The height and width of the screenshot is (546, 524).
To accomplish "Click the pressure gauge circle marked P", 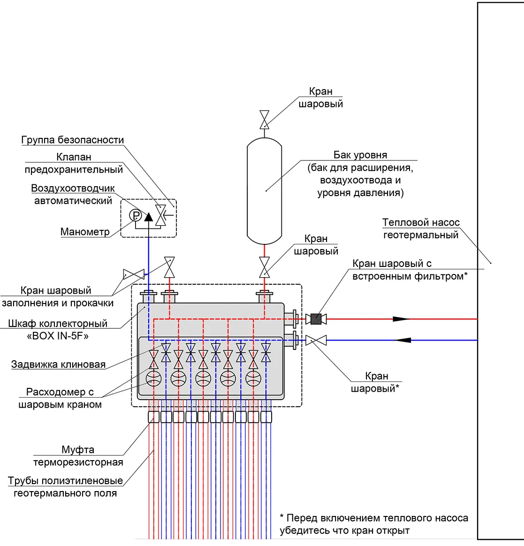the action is (136, 216).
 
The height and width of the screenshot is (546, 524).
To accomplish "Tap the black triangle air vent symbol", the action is (149, 217).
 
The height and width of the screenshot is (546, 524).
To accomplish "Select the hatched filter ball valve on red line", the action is (316, 319).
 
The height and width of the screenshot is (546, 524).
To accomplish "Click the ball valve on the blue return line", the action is (316, 340).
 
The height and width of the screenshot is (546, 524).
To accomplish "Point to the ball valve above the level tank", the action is (264, 120).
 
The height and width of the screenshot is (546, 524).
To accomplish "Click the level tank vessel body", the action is (264, 191).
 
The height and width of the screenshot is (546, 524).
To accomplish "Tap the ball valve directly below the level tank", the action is (264, 267).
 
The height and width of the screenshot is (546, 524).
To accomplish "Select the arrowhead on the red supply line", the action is (402, 319).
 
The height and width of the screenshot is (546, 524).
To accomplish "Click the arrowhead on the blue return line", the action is (403, 340).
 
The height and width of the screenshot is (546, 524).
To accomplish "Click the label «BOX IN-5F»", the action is (58, 336).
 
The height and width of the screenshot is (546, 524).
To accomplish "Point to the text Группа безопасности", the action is (73, 140).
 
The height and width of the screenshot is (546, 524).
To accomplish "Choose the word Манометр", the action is (85, 232).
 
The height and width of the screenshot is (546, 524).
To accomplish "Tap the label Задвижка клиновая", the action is (59, 364).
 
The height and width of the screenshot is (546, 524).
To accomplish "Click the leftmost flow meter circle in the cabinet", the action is (153, 379).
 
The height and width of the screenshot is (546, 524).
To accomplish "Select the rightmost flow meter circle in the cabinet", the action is (253, 379).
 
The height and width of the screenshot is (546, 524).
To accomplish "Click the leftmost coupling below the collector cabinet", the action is (153, 417).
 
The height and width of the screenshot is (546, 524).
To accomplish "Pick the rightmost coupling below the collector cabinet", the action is (266, 417).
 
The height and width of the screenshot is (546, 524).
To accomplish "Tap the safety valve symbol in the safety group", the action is (160, 216).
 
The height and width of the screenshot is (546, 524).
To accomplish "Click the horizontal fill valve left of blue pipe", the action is (134, 274).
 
